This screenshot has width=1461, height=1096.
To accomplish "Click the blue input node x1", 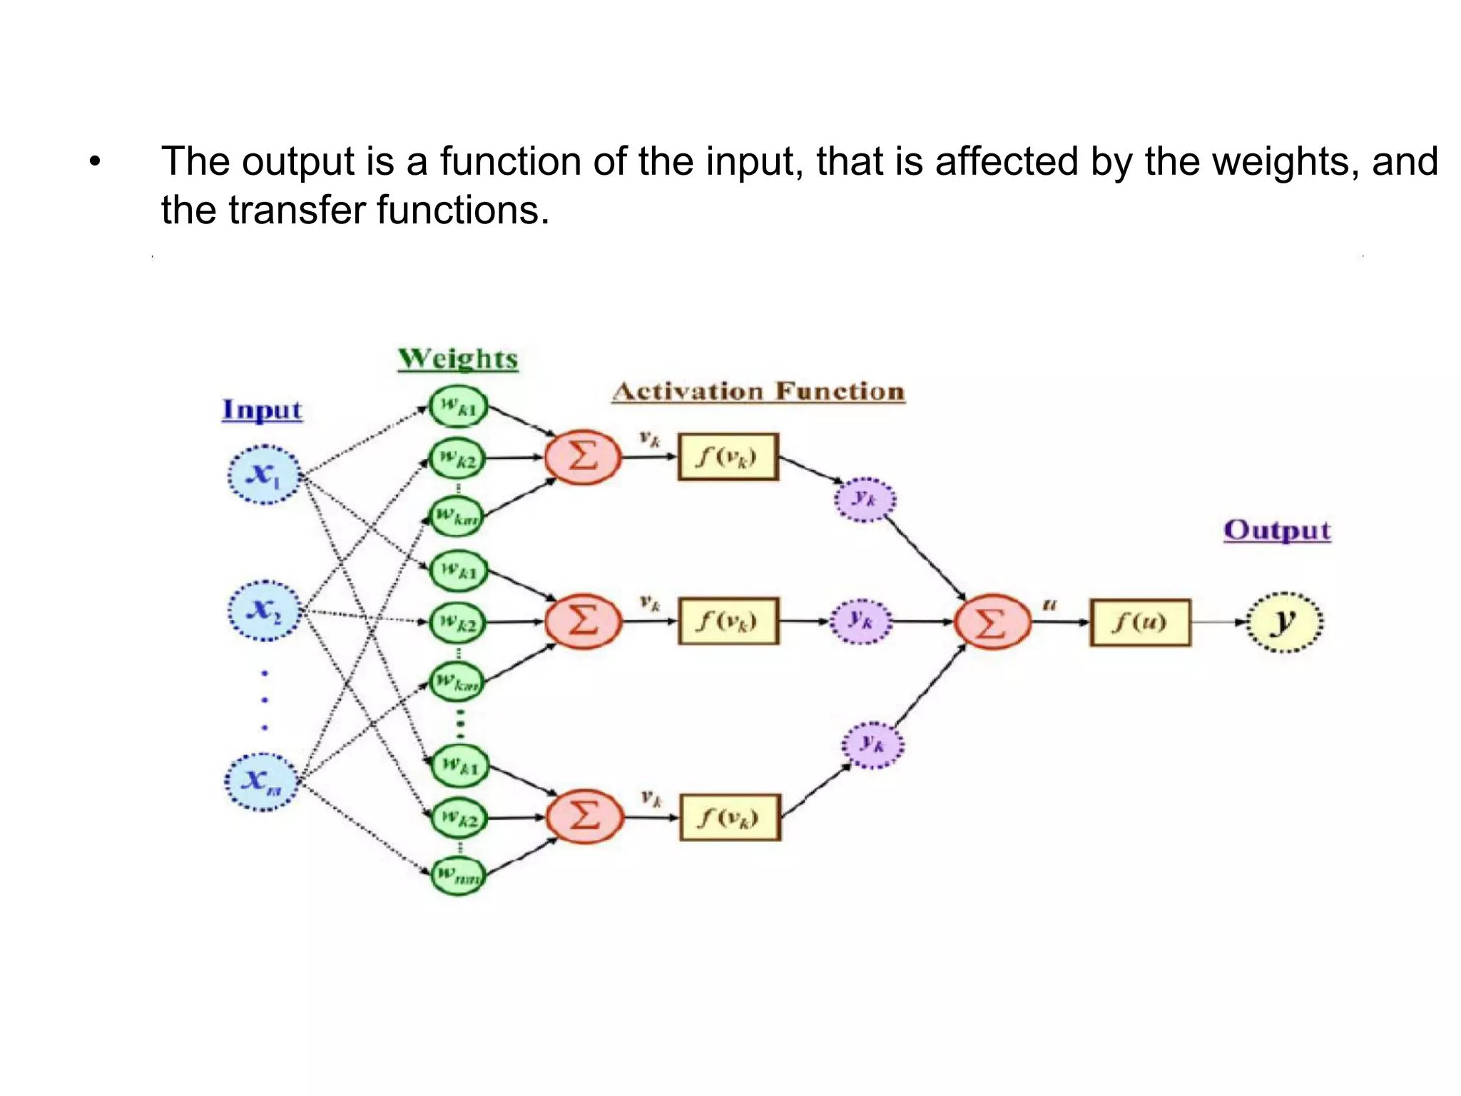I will click(x=263, y=475).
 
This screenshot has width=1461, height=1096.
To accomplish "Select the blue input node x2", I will click(x=263, y=611).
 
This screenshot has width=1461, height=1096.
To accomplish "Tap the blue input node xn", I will click(x=261, y=781).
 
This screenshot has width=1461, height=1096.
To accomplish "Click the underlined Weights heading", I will click(x=457, y=358).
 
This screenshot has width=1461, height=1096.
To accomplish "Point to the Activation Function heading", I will click(x=758, y=392).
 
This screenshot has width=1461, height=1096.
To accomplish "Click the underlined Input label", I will click(x=262, y=410).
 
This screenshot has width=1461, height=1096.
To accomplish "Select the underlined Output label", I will click(x=1276, y=530).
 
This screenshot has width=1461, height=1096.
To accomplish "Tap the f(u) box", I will click(x=1139, y=622).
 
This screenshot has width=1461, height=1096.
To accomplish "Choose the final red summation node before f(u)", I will click(x=992, y=622).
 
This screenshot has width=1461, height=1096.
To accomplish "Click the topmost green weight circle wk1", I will click(x=458, y=407).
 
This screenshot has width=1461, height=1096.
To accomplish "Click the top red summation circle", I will click(x=583, y=457).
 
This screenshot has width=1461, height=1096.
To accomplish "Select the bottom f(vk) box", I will click(x=729, y=817).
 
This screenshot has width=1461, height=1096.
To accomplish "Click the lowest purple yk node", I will click(x=872, y=745).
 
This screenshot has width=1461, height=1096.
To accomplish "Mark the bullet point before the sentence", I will click(x=95, y=163).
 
